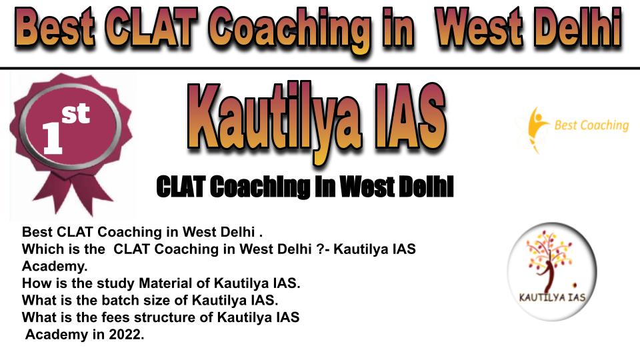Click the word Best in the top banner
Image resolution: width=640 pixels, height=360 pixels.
[x=56, y=28]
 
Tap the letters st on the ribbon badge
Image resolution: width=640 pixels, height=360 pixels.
[x=76, y=113]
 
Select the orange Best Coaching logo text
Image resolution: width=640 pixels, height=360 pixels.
[x=591, y=125]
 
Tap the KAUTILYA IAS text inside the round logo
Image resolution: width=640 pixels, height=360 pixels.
[x=552, y=297]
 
